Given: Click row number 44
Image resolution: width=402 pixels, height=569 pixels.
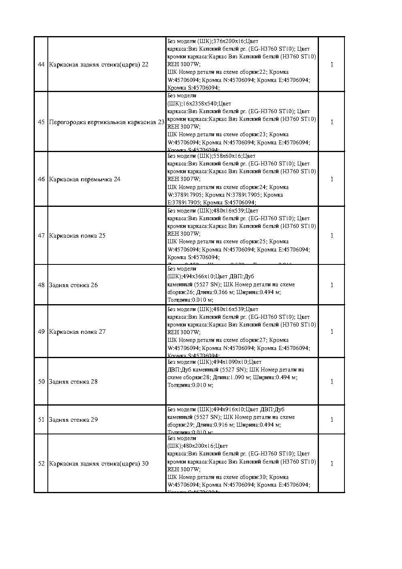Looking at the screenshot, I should pos(41,64).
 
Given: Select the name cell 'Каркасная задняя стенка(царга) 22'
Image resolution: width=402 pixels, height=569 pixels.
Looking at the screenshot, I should pos(98,64).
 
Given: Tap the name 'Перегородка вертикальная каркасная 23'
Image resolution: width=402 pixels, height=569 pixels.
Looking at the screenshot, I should pos(107,122).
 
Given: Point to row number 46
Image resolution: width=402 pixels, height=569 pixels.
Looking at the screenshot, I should pos(41,179).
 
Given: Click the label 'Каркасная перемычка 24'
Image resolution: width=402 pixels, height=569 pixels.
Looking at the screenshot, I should pos(85,179).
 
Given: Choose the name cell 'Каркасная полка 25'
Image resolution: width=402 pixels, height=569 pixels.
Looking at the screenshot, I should pos(77,236).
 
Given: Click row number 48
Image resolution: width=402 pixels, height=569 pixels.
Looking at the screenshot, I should pos(41,285).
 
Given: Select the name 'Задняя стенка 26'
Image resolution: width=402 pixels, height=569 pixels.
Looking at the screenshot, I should pos(73,285).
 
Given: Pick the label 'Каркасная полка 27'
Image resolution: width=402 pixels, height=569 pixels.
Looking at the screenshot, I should pos(77,332).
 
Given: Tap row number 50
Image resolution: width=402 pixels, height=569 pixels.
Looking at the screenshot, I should pos(41,382).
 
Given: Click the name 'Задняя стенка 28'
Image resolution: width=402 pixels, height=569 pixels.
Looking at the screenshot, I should pos(73,382).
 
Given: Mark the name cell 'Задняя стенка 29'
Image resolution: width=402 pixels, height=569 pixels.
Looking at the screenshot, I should pos(73,420).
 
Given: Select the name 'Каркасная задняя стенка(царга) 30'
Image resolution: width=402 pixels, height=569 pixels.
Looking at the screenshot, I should pos(98,464).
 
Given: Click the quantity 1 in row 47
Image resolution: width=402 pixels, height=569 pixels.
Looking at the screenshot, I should pos(331,236).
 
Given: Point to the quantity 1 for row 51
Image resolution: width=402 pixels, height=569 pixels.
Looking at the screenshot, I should pos(331,420).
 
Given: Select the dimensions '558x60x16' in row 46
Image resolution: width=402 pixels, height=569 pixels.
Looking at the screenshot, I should pos(227,156).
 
